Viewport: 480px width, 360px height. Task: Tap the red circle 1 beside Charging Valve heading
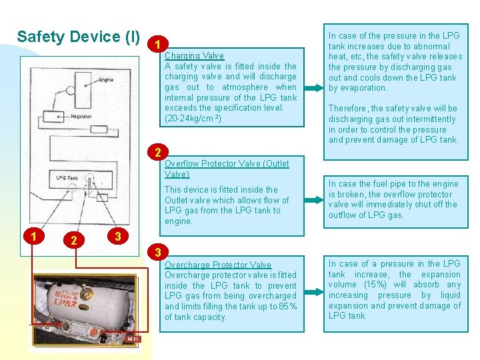tap(155, 45)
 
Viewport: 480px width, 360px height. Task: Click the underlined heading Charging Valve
tap(194, 56)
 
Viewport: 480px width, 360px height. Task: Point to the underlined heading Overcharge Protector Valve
tap(218, 265)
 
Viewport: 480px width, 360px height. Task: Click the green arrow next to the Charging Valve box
tap(311, 87)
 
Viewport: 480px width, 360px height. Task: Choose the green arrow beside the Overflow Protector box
tap(311, 199)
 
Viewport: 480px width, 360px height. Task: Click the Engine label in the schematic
tap(104, 79)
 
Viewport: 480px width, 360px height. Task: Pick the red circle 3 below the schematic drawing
tap(117, 235)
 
